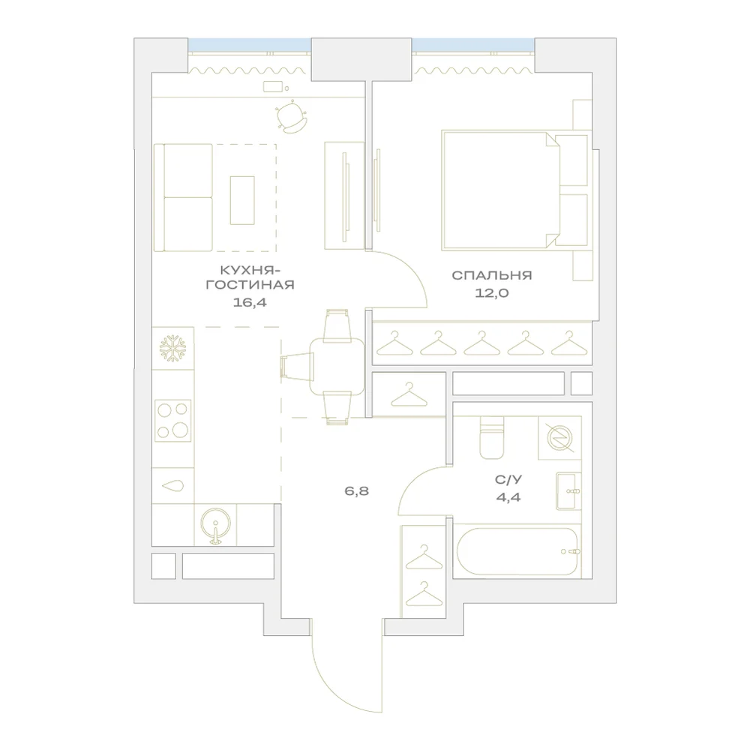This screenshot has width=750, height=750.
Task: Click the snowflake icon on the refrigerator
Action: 172,348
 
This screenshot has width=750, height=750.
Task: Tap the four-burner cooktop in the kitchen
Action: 172,421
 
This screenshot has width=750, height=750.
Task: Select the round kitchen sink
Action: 216,525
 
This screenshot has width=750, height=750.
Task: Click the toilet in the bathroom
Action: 492,437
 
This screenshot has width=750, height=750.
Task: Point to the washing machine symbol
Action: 559,438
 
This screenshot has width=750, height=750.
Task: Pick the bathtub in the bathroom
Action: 517,551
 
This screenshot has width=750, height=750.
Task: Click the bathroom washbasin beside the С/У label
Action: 568,491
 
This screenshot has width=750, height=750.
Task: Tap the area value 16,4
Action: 250,302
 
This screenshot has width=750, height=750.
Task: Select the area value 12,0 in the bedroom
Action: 492,293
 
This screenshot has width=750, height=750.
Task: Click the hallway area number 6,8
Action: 357,491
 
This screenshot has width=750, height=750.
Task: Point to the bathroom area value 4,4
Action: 508,497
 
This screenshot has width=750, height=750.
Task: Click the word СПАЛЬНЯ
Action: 492,275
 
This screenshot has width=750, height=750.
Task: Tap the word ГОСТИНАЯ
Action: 250,285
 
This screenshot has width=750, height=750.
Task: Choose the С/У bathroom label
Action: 508,480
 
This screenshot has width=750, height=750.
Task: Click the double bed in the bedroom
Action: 515,190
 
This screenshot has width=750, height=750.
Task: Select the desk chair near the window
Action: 291,117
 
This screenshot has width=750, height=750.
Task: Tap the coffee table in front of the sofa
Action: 242,200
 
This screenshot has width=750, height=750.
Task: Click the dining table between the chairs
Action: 337,367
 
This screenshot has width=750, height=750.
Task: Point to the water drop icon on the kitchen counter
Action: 173,486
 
